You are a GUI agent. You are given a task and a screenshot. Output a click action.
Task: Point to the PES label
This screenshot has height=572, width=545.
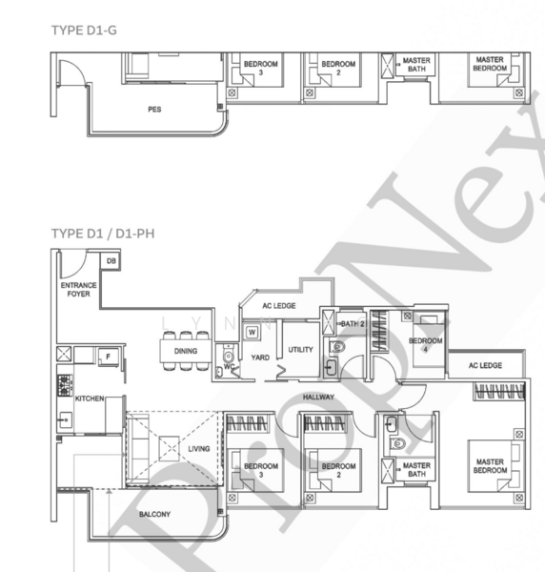tap(154, 110)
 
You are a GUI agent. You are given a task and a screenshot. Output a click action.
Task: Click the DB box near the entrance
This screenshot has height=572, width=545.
tap(111, 260)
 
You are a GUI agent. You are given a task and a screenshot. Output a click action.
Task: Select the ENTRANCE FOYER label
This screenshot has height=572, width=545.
tap(78, 289)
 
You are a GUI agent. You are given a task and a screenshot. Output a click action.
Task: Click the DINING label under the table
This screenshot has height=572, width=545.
tap(186, 351)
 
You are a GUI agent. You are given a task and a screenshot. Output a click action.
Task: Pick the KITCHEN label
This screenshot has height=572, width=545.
tap(89, 398)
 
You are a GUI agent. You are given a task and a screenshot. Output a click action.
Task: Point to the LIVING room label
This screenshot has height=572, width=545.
tap(198, 448)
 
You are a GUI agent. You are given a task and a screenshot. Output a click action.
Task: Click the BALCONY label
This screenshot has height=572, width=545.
tap(154, 515)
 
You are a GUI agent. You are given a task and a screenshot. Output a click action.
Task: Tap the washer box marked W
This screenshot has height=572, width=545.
tap(252, 332)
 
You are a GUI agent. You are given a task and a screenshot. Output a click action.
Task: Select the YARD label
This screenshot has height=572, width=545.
tap(260, 357)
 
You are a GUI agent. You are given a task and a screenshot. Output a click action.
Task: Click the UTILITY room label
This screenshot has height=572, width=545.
tap(301, 350)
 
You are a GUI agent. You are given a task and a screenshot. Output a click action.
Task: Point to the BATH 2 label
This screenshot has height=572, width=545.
tap(353, 324)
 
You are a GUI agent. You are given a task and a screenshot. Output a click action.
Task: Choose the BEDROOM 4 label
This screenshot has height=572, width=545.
tap(426, 344)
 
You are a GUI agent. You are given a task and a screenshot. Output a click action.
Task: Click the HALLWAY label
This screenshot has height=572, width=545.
tap(319, 397)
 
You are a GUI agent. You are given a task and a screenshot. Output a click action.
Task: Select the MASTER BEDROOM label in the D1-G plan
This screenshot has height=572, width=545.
tap(490, 64)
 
